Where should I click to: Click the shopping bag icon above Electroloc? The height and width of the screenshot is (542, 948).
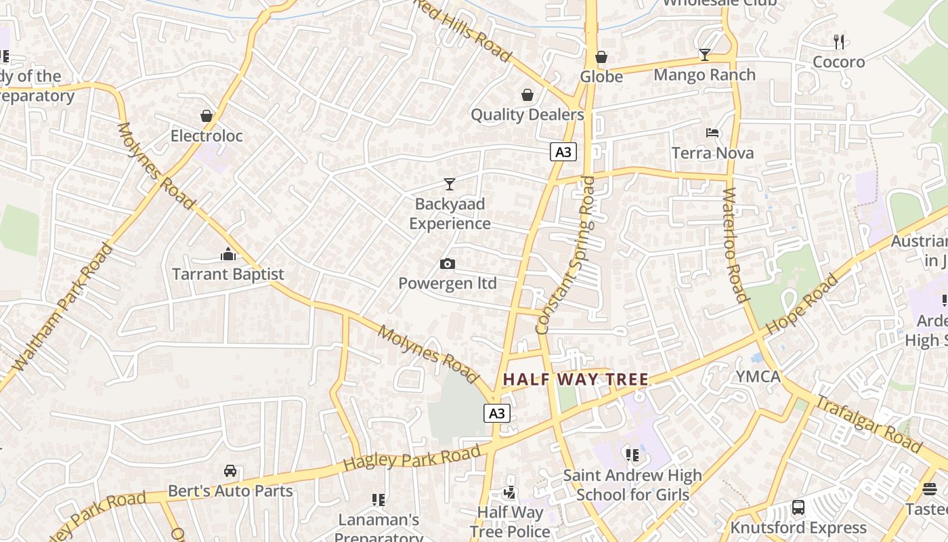[207, 117]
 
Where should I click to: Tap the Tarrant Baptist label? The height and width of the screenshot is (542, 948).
[228, 274]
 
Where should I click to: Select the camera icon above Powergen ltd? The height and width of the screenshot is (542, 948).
[448, 264]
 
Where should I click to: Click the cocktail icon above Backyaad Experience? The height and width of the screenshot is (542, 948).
[449, 184]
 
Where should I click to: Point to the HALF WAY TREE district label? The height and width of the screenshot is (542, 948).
[576, 379]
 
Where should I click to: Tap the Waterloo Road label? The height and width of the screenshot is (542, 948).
[734, 245]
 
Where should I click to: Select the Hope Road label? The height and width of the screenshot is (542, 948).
[802, 304]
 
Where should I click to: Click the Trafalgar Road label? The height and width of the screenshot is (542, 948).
[868, 425]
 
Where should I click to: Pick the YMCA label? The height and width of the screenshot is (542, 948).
[758, 377]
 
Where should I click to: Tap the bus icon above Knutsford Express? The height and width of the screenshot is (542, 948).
[798, 507]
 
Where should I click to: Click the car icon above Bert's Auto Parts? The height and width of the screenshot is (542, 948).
[230, 471]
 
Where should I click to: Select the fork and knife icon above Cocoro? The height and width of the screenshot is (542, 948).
[839, 42]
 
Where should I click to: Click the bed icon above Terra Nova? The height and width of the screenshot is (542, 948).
[712, 133]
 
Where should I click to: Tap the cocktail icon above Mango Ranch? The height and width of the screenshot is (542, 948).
[704, 55]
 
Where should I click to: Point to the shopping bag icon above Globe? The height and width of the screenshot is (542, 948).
[601, 57]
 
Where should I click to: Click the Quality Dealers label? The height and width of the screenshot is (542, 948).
[527, 114]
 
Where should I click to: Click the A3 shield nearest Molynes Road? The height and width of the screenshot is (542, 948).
[497, 413]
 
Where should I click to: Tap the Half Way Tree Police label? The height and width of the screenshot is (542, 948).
[510, 522]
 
